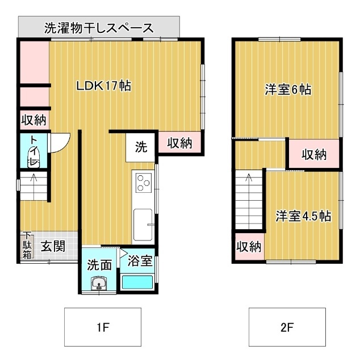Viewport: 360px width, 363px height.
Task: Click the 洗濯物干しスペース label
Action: pyautogui.click(x=99, y=27)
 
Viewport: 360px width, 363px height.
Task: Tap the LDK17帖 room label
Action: pyautogui.click(x=104, y=86)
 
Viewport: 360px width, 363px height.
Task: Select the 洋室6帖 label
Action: pyautogui.click(x=288, y=90)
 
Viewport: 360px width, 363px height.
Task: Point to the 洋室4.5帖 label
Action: pyautogui.click(x=304, y=216)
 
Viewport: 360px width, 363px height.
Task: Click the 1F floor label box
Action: pyautogui.click(x=102, y=327)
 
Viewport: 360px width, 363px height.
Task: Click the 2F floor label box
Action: pyautogui.click(x=287, y=327)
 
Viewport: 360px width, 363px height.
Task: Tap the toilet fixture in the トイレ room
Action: pyautogui.click(x=34, y=157)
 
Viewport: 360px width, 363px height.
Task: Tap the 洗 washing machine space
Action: pyautogui.click(x=141, y=147)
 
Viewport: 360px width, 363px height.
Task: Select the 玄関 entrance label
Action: pyautogui.click(x=52, y=246)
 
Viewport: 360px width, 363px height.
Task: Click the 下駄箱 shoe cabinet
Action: pyautogui.click(x=27, y=246)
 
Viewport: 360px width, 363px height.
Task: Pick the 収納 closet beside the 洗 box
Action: pyautogui.click(x=179, y=143)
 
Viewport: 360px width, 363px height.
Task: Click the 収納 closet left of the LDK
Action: pyautogui.click(x=34, y=120)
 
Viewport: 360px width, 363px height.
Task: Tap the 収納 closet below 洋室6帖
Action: pyautogui.click(x=313, y=154)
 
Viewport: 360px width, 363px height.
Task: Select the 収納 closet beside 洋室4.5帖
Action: pyautogui.click(x=248, y=247)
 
